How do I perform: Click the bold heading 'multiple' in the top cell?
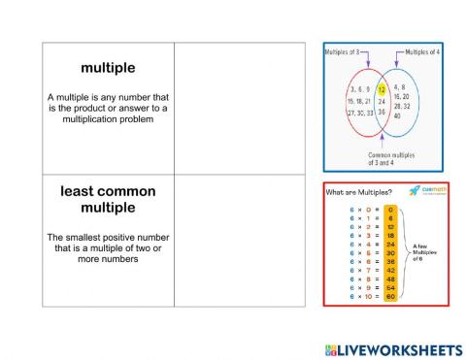pos(108,68)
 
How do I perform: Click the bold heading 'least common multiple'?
pos(108,199)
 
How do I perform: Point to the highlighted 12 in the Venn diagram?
pos(382,86)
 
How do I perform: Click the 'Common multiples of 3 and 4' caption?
pos(391,158)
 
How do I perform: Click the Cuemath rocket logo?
pos(415,189)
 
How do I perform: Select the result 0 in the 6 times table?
pos(390,208)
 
